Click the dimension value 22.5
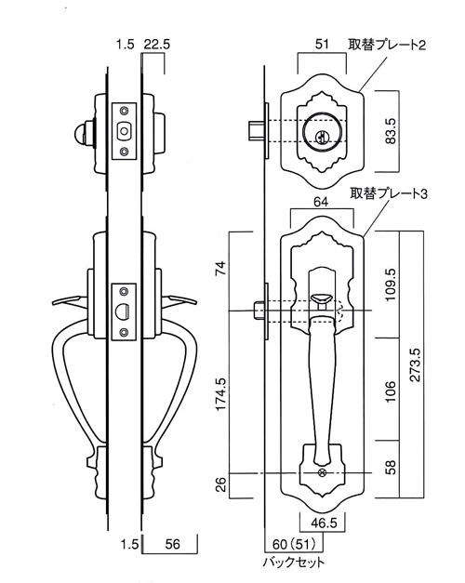(x=156, y=45)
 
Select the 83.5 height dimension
(x=391, y=131)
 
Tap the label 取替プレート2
(x=387, y=45)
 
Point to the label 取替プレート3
(x=389, y=193)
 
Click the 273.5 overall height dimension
(x=415, y=364)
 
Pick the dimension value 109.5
(x=391, y=285)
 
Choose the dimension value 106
(x=391, y=391)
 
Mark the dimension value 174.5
(x=221, y=394)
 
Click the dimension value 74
(x=221, y=268)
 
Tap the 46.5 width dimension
(x=324, y=523)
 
